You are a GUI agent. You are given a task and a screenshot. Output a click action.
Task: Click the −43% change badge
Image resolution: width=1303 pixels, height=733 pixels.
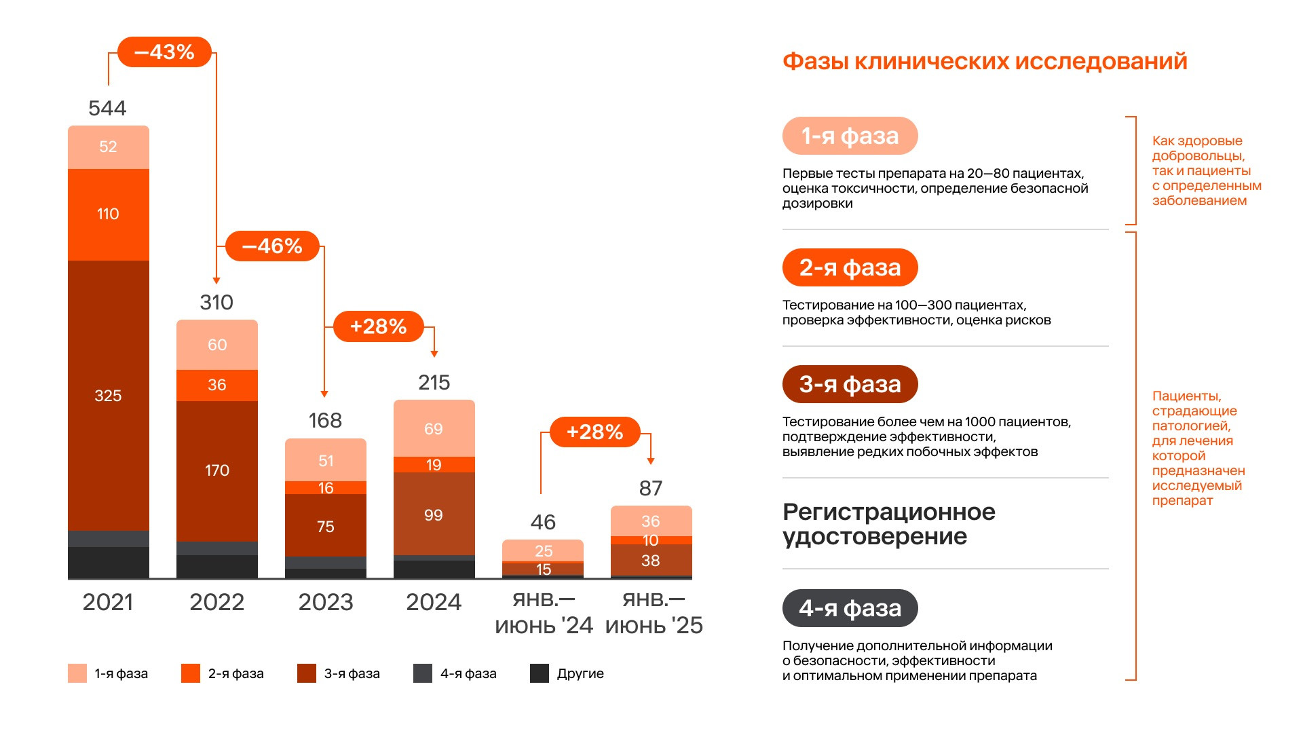pyautogui.click(x=164, y=52)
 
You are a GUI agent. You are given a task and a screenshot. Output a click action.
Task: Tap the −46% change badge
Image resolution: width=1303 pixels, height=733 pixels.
pyautogui.click(x=272, y=246)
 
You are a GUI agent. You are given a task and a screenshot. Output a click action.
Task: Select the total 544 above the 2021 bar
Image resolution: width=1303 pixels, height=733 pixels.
pyautogui.click(x=107, y=109)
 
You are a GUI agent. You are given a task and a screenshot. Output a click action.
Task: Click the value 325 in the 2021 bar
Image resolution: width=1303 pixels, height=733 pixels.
pyautogui.click(x=108, y=396)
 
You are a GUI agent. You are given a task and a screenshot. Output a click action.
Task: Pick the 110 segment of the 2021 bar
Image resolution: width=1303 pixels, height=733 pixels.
pyautogui.click(x=108, y=214)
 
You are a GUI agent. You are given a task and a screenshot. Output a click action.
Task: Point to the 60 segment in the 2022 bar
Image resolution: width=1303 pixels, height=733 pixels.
pyautogui.click(x=217, y=345)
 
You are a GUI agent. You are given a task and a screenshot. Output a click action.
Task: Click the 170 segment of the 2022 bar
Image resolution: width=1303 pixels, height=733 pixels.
pyautogui.click(x=217, y=470)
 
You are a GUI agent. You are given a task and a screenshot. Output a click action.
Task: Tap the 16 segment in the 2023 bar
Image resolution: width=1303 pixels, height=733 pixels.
pyautogui.click(x=326, y=488)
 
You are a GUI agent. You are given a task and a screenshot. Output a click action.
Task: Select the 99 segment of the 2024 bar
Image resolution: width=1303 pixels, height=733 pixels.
pyautogui.click(x=434, y=515)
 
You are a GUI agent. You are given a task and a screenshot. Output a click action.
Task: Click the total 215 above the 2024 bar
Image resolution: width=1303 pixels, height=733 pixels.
pyautogui.click(x=434, y=383)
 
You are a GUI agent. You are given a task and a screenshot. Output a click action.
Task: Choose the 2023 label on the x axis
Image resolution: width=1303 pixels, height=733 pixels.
pyautogui.click(x=326, y=602)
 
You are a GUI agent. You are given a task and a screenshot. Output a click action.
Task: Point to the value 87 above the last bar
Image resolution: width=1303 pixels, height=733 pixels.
pyautogui.click(x=651, y=489)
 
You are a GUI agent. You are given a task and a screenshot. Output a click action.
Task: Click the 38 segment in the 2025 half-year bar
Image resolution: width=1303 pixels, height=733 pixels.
pyautogui.click(x=651, y=561)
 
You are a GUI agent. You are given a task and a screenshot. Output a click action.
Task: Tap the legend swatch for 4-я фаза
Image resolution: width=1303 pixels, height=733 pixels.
pyautogui.click(x=423, y=673)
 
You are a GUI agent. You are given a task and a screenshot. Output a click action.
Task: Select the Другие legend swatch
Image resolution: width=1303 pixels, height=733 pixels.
pyautogui.click(x=540, y=673)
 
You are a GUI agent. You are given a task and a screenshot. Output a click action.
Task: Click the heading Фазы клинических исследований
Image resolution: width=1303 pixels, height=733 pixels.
pyautogui.click(x=985, y=61)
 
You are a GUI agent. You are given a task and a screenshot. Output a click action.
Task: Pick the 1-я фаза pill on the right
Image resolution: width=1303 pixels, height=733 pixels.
pyautogui.click(x=850, y=136)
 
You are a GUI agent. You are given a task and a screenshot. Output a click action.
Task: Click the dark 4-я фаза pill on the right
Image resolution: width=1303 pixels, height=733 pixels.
pyautogui.click(x=850, y=608)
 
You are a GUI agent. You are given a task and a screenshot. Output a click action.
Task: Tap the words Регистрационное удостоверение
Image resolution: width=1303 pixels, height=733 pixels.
pyautogui.click(x=888, y=524)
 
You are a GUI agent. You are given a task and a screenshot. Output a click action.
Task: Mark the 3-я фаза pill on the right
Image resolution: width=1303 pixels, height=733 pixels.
pyautogui.click(x=850, y=384)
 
